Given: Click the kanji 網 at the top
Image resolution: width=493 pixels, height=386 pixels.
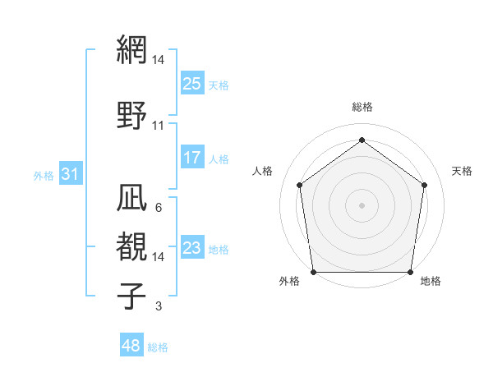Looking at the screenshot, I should (x=131, y=50).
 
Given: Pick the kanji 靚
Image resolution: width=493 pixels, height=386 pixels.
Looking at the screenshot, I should (x=131, y=245).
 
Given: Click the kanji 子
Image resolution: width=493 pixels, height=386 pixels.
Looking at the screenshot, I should (x=131, y=295).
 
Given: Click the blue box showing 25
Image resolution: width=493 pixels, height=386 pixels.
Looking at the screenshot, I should (x=191, y=84).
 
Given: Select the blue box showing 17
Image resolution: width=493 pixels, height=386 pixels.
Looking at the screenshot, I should (x=191, y=158).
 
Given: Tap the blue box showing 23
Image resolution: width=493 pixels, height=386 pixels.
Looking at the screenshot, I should (x=191, y=248).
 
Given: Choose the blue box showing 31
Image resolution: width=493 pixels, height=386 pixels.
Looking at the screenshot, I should (x=70, y=174).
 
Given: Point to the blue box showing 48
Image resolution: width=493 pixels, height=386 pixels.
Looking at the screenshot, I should (x=131, y=346).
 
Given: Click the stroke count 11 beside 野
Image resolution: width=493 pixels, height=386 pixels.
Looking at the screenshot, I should (x=159, y=126).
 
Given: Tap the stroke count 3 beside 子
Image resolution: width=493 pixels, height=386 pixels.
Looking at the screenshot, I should (x=158, y=307).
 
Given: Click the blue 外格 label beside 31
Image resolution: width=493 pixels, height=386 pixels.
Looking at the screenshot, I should (x=44, y=175).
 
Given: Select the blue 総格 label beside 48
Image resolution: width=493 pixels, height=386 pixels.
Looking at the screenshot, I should (x=158, y=347).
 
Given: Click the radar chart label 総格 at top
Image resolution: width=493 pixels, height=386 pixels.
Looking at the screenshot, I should (x=362, y=107).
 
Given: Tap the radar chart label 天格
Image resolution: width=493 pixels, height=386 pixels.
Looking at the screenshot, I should (x=462, y=171).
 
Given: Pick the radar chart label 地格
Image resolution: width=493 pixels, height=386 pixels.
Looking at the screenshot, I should (x=431, y=282).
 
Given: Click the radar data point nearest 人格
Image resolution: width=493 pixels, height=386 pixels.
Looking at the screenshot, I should (x=299, y=185).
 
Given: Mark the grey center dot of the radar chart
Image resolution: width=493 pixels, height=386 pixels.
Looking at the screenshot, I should (x=362, y=204).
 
